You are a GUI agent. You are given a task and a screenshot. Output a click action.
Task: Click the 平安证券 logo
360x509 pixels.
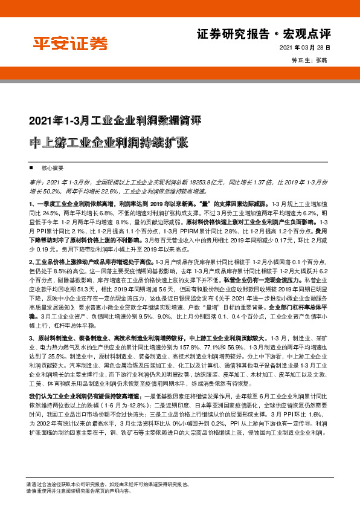pyautogui.click(x=71, y=44)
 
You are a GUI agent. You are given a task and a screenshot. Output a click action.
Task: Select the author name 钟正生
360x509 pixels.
pyautogui.click(x=300, y=60)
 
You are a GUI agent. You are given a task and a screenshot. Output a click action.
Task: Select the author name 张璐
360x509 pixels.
pyautogui.click(x=321, y=60)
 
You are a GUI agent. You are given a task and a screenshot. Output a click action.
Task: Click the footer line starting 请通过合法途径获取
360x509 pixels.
pyautogui.click(x=109, y=484)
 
